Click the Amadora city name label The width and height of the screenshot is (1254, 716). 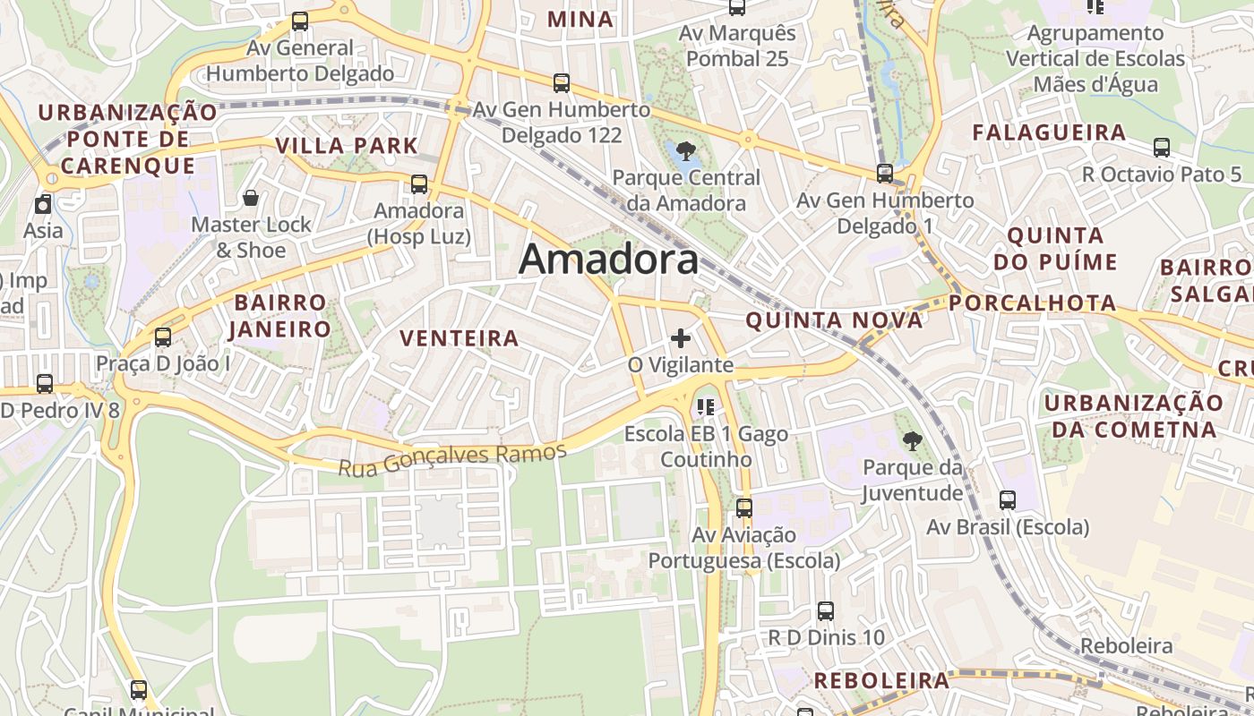click(608, 260)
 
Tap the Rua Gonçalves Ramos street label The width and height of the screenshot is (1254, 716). click(452, 458)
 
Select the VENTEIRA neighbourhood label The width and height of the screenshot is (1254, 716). click(460, 338)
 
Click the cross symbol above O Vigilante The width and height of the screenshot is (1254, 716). click(681, 338)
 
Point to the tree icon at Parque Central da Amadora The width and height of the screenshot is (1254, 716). click(686, 149)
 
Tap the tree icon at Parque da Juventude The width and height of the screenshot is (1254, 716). click(913, 439)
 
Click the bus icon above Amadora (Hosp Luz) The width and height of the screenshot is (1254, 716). click(418, 184)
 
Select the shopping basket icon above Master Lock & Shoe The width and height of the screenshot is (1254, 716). click(251, 197)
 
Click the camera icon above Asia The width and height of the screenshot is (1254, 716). click(43, 204)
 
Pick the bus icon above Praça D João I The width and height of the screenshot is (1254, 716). click(162, 337)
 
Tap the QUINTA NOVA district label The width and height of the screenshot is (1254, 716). click(834, 320)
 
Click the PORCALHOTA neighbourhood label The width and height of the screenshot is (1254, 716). click(1033, 303)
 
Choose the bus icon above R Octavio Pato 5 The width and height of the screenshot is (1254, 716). click(1162, 148)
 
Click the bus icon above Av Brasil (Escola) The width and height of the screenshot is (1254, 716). click(1008, 500)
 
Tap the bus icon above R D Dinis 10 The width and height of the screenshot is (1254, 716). click(826, 611)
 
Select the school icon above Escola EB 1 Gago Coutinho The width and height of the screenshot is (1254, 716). click(706, 407)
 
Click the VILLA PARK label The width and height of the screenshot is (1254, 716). click(347, 146)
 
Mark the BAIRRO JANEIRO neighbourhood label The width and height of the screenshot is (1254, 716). click(281, 316)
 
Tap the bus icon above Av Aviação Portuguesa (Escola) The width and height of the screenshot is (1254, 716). click(744, 508)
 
